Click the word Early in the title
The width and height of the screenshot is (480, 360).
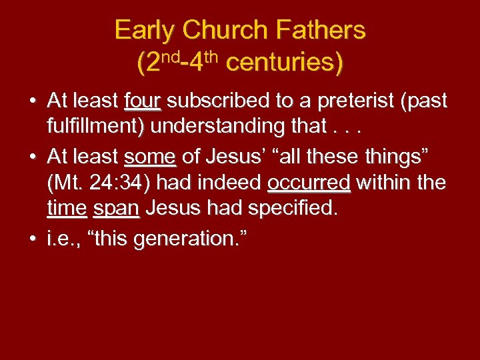click(145, 31)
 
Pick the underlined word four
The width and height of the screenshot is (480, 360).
click(143, 101)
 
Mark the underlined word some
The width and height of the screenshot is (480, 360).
click(150, 157)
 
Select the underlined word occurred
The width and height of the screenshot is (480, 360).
click(309, 183)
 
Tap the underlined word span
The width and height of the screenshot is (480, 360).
click(116, 208)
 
